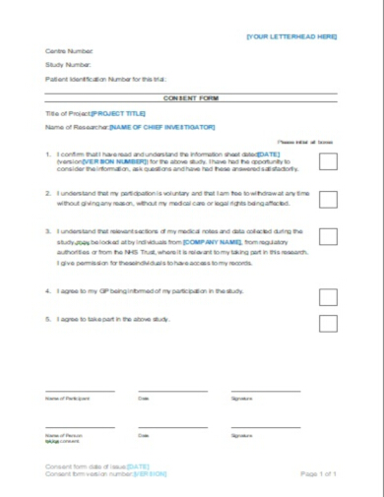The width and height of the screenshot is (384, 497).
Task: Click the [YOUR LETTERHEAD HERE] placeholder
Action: tap(291, 36)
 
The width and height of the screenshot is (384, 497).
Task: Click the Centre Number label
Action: tap(69, 50)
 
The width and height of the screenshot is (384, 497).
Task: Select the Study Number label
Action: tap(67, 64)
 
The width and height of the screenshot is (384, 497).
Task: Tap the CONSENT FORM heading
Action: tap(191, 98)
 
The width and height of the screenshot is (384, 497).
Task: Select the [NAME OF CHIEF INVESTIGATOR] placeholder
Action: tap(161, 127)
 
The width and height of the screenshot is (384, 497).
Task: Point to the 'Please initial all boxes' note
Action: tap(305, 143)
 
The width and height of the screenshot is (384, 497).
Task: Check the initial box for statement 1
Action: tap(328, 161)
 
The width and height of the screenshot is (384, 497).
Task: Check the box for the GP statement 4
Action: tap(328, 293)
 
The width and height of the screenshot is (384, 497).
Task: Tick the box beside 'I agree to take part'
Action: tap(328, 322)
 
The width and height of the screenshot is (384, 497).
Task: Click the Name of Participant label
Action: tap(68, 399)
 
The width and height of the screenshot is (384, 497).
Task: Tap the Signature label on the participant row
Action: tap(241, 399)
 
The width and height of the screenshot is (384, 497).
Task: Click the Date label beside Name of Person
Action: tap(144, 434)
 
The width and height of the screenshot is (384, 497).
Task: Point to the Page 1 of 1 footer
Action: tap(318, 473)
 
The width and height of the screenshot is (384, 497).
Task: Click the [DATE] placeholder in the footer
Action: tap(138, 466)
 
